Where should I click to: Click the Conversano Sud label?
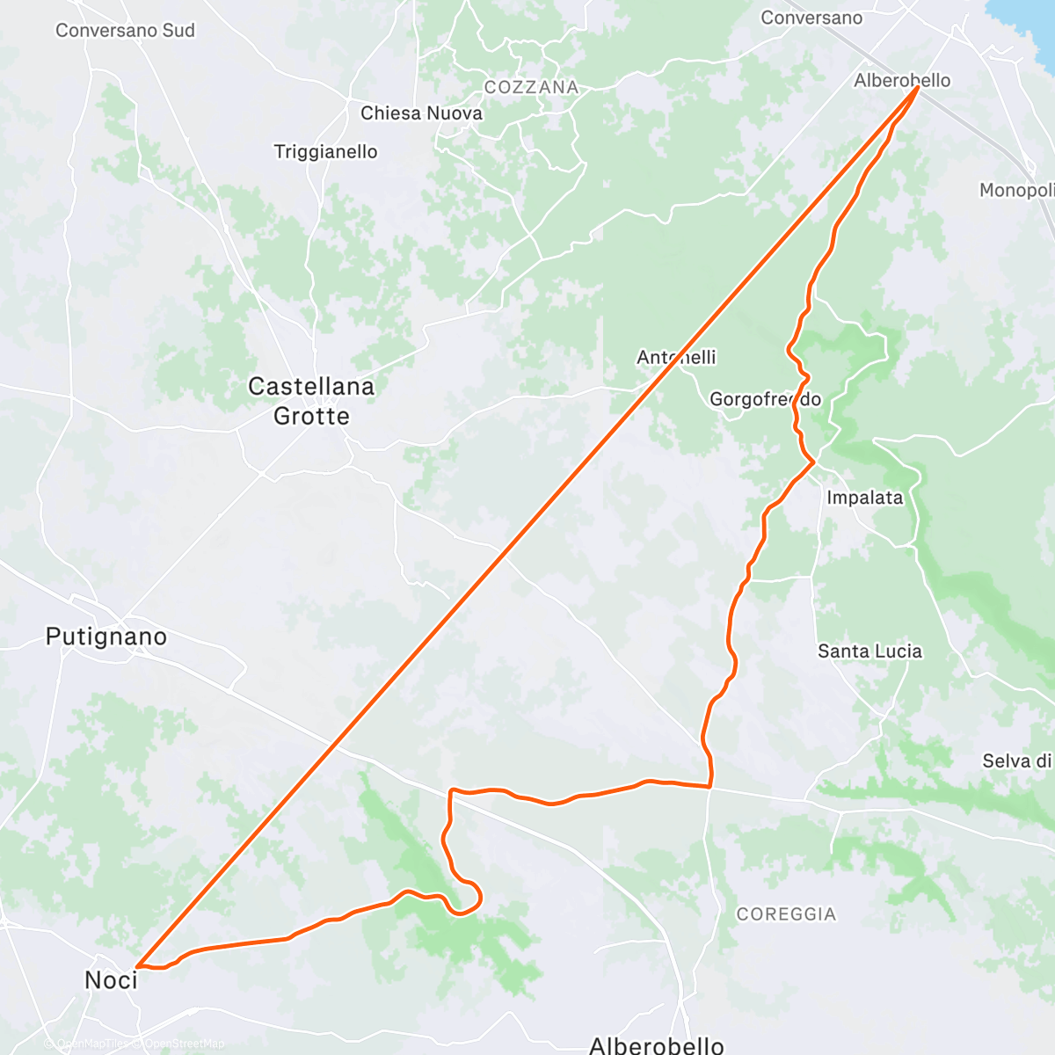pos(125,31)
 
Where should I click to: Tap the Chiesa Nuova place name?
pos(421,113)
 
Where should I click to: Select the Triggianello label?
pos(325,152)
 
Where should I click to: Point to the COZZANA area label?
pos(531,87)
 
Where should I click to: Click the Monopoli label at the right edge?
pos(1016,191)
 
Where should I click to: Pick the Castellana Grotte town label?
pos(311,401)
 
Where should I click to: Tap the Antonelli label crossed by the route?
pos(676,357)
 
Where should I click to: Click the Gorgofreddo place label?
pos(765,399)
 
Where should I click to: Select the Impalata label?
pos(864,498)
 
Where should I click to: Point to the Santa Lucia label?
pos(869,651)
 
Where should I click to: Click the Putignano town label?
pos(105,637)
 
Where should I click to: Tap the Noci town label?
pos(111,979)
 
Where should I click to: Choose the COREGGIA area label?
pos(786,914)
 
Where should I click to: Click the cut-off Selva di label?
pos(1017,761)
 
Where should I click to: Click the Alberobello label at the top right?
pos(902,81)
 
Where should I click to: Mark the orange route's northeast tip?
pos(918,87)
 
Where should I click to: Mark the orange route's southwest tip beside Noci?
pos(138,966)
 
